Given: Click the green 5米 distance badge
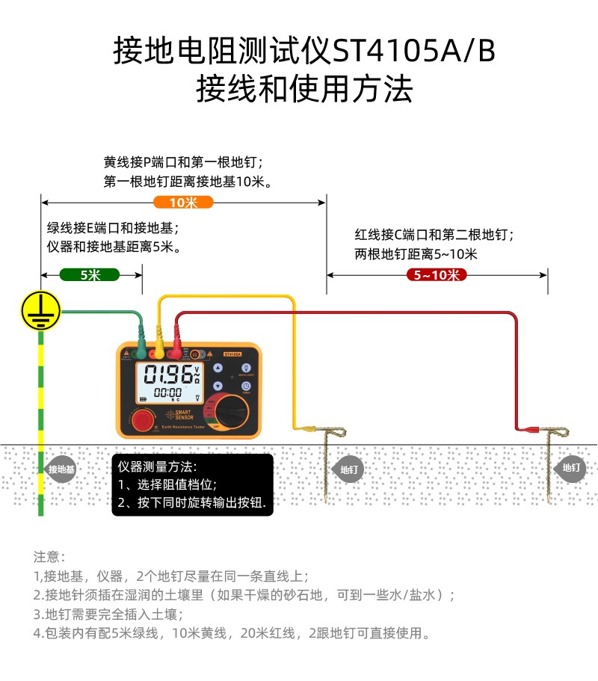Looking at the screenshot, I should click(x=90, y=274).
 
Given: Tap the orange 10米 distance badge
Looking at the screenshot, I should click(x=183, y=202).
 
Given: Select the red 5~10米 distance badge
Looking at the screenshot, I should click(x=437, y=274).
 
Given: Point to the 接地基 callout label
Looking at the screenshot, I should click(x=61, y=469).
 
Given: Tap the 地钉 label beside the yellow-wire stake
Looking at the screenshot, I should click(x=349, y=469).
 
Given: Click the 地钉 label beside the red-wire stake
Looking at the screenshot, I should click(x=572, y=468).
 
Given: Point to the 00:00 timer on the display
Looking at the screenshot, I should click(x=167, y=392).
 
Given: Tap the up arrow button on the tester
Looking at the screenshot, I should click(x=218, y=368).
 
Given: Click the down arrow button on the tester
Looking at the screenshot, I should click(x=218, y=386).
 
